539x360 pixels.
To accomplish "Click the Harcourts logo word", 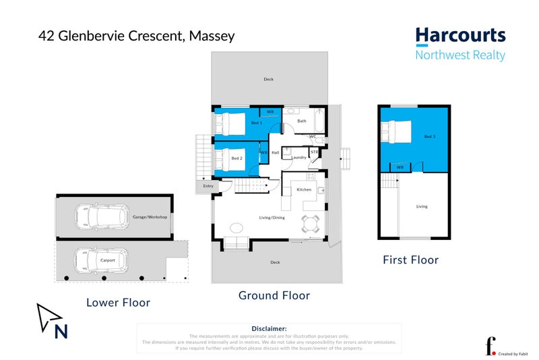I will [460, 36].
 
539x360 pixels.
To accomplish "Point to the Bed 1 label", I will [257, 123].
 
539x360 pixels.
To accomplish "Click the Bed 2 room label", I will [236, 158].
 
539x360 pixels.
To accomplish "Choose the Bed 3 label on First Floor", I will [430, 137].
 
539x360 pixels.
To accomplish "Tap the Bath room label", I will [302, 121].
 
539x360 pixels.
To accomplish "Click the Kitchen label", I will [305, 189].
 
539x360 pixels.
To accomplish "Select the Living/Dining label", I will [272, 217].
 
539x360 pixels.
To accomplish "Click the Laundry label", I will [299, 157].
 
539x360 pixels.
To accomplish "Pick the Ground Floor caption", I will [274, 295].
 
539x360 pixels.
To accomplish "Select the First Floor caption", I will [410, 260].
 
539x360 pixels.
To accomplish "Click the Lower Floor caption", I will [118, 303].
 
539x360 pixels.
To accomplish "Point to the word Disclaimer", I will [269, 328].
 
